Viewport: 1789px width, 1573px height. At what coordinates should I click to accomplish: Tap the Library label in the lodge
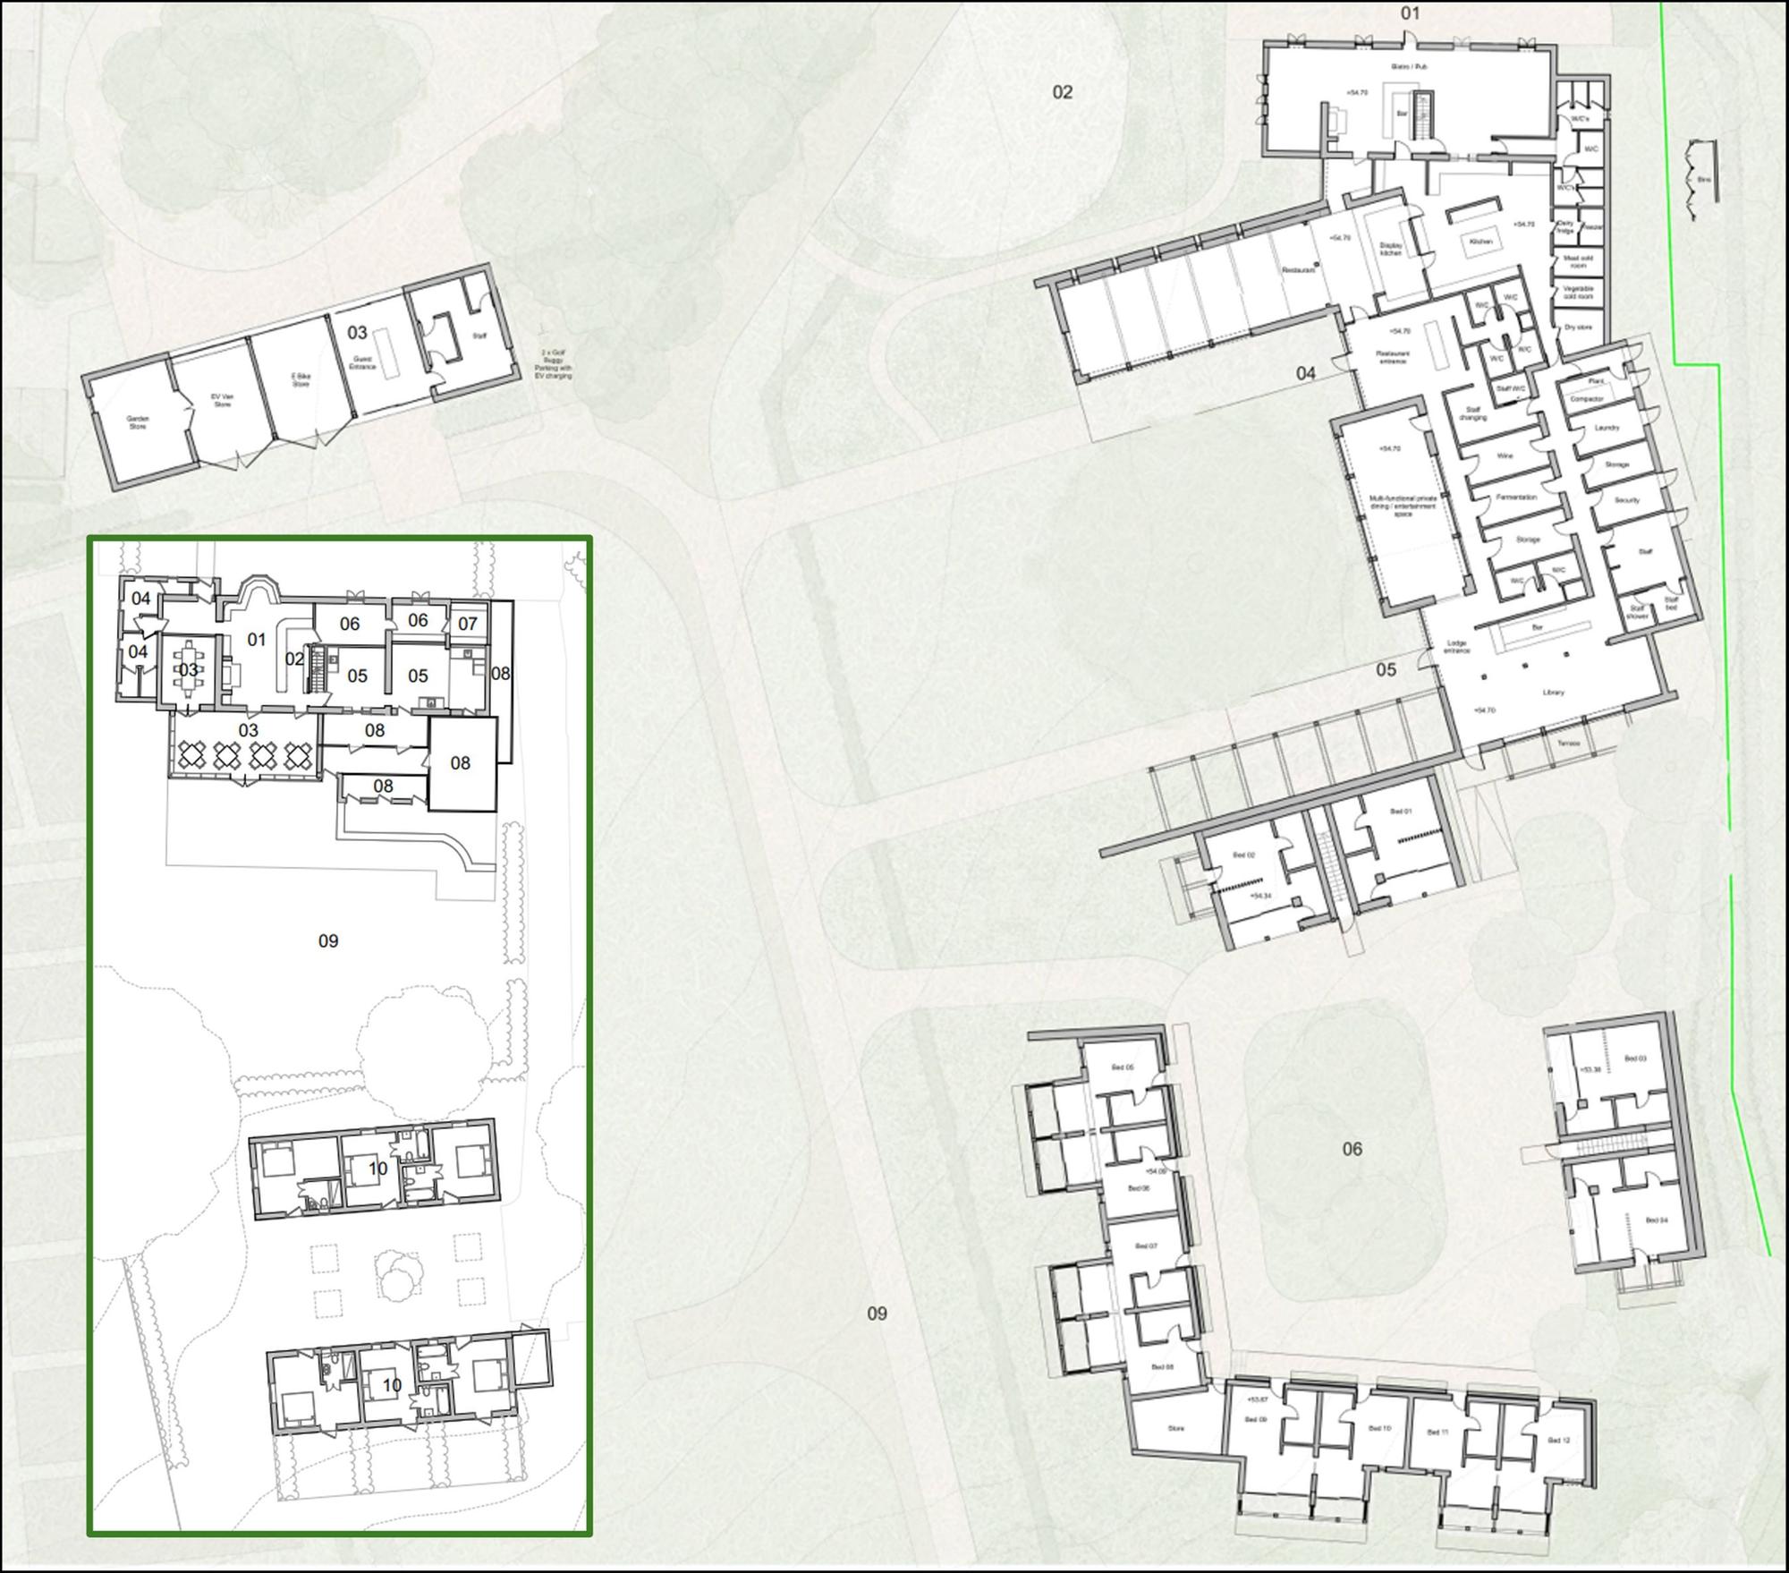coord(1553,693)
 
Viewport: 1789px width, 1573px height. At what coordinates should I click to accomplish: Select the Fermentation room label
coord(1516,497)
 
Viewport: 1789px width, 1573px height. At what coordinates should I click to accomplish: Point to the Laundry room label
coord(1607,428)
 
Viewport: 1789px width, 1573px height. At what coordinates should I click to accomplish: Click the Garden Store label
coord(138,422)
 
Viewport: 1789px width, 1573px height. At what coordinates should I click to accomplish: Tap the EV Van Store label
coord(221,400)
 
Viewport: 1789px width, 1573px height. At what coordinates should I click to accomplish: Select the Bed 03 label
coord(1635,1059)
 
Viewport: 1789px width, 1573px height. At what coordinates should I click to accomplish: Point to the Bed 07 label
coord(1146,1246)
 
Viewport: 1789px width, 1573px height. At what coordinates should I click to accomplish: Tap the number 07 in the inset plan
coord(468,624)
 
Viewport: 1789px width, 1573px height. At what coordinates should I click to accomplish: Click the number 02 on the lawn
coord(1062,92)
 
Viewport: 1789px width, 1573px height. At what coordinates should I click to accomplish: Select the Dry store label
coord(1579,327)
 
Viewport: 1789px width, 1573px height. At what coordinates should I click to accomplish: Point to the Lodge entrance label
coord(1457,647)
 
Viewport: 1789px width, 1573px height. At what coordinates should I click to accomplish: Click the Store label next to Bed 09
coord(1175,1429)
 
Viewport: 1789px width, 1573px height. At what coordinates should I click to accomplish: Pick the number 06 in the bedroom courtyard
coord(1352,1149)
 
